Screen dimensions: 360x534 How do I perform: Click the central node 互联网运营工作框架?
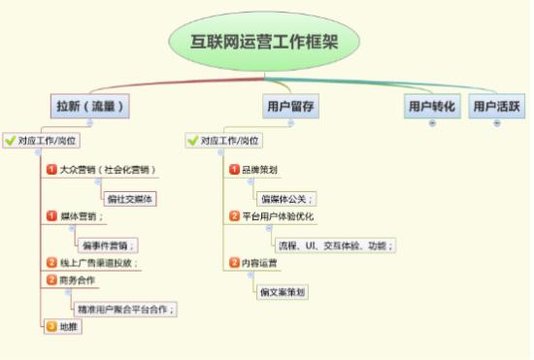(265, 41)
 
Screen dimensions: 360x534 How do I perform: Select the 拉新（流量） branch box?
(90, 105)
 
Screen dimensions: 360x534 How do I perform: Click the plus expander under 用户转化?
(432, 123)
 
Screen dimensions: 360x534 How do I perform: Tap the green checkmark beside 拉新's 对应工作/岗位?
(9, 141)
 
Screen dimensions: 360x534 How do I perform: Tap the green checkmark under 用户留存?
(192, 141)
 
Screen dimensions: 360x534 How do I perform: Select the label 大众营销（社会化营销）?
(107, 170)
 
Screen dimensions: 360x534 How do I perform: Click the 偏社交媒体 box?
(131, 199)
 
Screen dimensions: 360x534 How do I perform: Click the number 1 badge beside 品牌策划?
(234, 170)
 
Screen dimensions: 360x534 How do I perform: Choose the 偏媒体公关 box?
(287, 199)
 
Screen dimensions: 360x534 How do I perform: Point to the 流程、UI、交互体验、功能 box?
(335, 245)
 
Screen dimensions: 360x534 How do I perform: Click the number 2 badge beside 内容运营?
(234, 262)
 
